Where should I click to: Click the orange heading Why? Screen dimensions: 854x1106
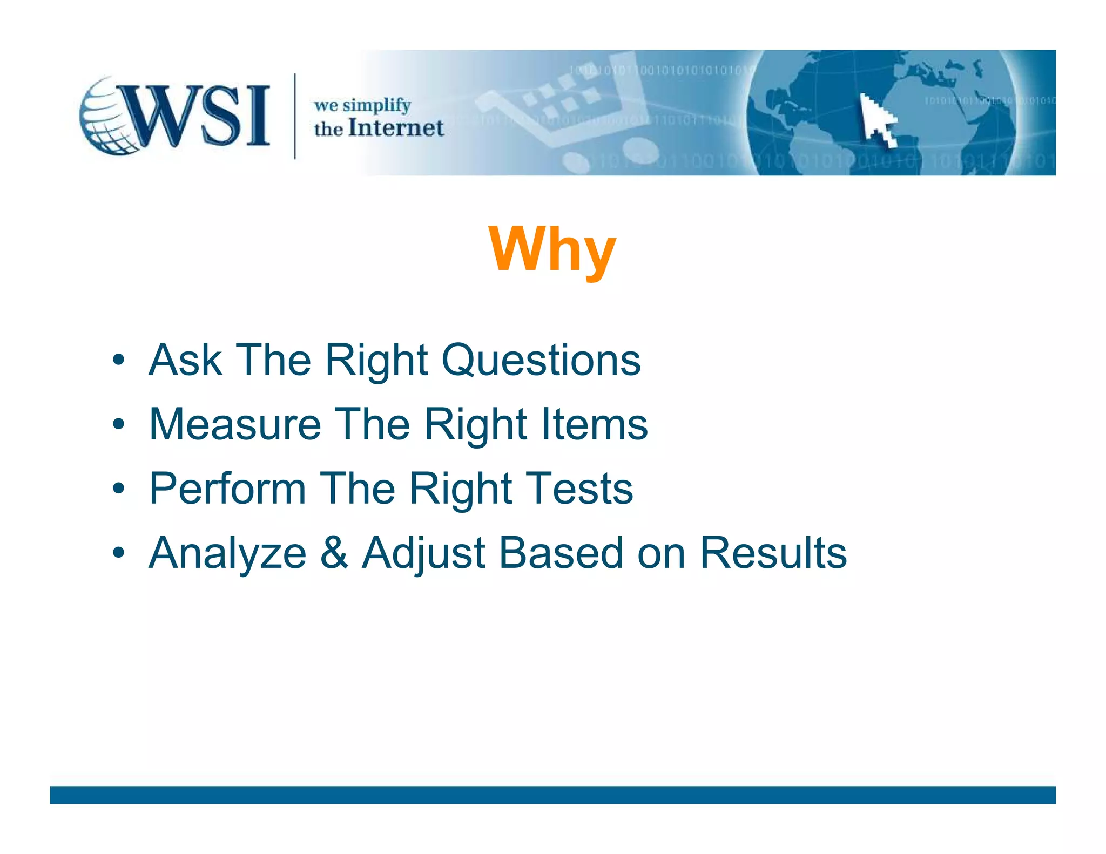[x=552, y=249]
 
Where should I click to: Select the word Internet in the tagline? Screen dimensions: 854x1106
[x=396, y=128]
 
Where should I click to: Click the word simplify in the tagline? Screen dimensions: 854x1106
[x=376, y=106]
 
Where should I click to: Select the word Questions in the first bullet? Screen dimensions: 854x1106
[x=541, y=360]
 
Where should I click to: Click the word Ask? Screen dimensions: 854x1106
[x=185, y=360]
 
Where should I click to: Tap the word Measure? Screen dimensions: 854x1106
[x=235, y=424]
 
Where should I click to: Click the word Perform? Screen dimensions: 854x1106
[x=227, y=489]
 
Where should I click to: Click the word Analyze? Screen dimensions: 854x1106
[x=227, y=553]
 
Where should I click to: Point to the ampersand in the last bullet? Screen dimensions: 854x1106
[x=334, y=553]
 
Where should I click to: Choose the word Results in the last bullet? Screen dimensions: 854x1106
[x=773, y=553]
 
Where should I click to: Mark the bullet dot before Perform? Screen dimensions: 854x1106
[x=119, y=489]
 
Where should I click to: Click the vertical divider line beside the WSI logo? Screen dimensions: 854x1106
[x=294, y=116]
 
